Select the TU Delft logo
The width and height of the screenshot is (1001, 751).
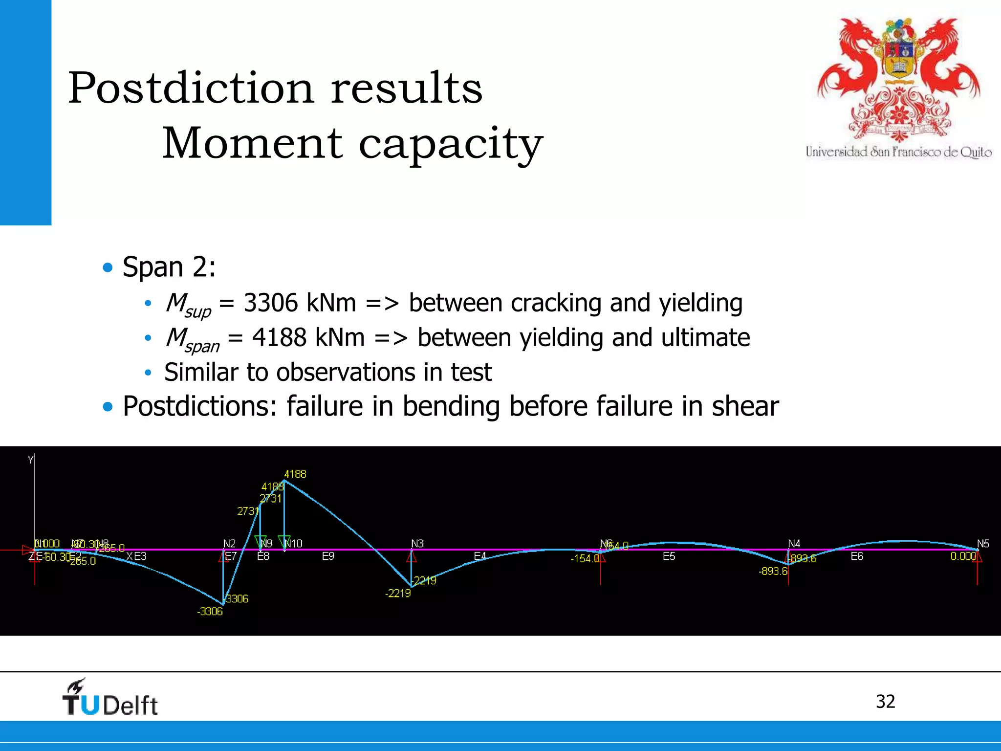click(x=110, y=698)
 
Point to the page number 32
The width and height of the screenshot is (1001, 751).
click(x=885, y=702)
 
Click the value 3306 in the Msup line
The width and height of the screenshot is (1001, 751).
click(x=270, y=303)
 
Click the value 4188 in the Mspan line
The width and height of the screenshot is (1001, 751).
click(x=279, y=338)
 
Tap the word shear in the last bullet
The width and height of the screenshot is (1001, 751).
click(x=745, y=406)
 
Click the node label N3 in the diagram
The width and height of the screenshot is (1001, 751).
click(x=417, y=544)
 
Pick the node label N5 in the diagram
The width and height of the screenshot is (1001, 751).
click(x=982, y=544)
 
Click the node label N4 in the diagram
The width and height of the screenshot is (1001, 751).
click(x=794, y=544)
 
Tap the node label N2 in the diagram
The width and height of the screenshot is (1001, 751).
click(x=229, y=544)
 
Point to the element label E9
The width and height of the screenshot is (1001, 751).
click(x=328, y=556)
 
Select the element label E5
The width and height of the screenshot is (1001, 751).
click(x=669, y=556)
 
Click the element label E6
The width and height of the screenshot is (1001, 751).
click(x=857, y=556)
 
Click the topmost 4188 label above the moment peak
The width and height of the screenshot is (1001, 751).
click(x=295, y=474)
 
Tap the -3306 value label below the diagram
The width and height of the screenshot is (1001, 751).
click(x=210, y=612)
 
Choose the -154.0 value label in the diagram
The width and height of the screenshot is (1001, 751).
click(x=585, y=558)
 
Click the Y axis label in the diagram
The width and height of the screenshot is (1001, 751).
click(x=31, y=460)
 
